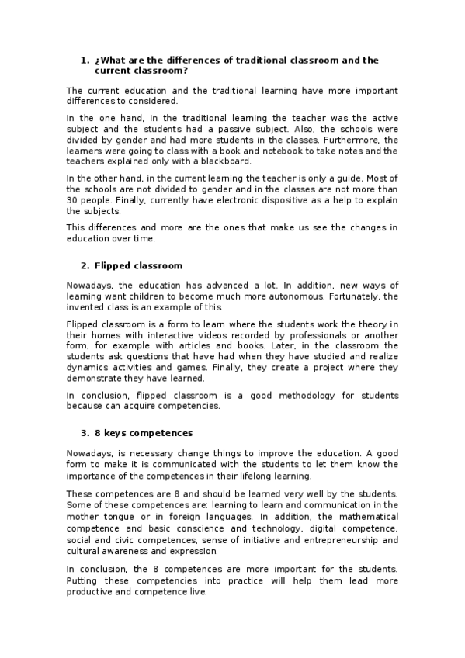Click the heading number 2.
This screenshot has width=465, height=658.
click(x=85, y=265)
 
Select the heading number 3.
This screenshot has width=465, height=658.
click(x=85, y=432)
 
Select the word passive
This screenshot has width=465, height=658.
click(x=236, y=129)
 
